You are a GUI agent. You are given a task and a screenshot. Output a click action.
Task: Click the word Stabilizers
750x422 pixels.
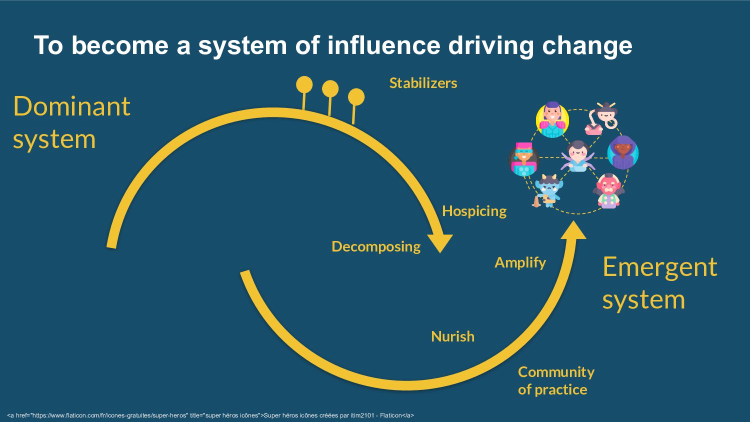pyautogui.click(x=423, y=83)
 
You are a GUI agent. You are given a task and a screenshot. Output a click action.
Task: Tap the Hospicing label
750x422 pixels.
pyautogui.click(x=474, y=211)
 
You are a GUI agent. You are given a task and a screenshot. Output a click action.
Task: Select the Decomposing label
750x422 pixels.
pyautogui.click(x=376, y=246)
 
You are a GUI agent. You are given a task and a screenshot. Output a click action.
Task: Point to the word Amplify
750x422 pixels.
pyautogui.click(x=520, y=262)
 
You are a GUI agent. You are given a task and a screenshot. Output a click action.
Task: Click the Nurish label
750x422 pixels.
pyautogui.click(x=452, y=336)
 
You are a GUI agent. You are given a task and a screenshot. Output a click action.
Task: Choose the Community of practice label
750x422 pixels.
pyautogui.click(x=555, y=380)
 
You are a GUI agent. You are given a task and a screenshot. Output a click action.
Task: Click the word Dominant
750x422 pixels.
pyautogui.click(x=71, y=106)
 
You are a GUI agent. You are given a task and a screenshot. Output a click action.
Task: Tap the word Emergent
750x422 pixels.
pyautogui.click(x=659, y=267)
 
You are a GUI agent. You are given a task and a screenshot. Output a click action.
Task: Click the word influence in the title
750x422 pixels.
pyautogui.click(x=383, y=45)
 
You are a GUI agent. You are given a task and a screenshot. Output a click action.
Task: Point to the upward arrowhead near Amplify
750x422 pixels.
pyautogui.click(x=573, y=230)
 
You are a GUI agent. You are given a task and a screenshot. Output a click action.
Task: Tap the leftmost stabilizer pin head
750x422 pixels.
pyautogui.click(x=304, y=85)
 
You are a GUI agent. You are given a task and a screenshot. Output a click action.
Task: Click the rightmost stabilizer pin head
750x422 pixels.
pyautogui.click(x=356, y=97)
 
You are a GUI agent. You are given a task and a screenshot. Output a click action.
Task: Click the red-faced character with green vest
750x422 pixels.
pyautogui.click(x=608, y=190)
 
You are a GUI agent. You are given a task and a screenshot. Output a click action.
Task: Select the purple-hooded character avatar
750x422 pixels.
pyautogui.click(x=623, y=152)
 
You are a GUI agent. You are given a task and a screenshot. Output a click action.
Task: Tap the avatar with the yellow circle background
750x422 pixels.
pyautogui.click(x=552, y=120)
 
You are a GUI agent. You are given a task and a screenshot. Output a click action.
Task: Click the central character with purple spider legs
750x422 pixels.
pyautogui.click(x=577, y=156)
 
